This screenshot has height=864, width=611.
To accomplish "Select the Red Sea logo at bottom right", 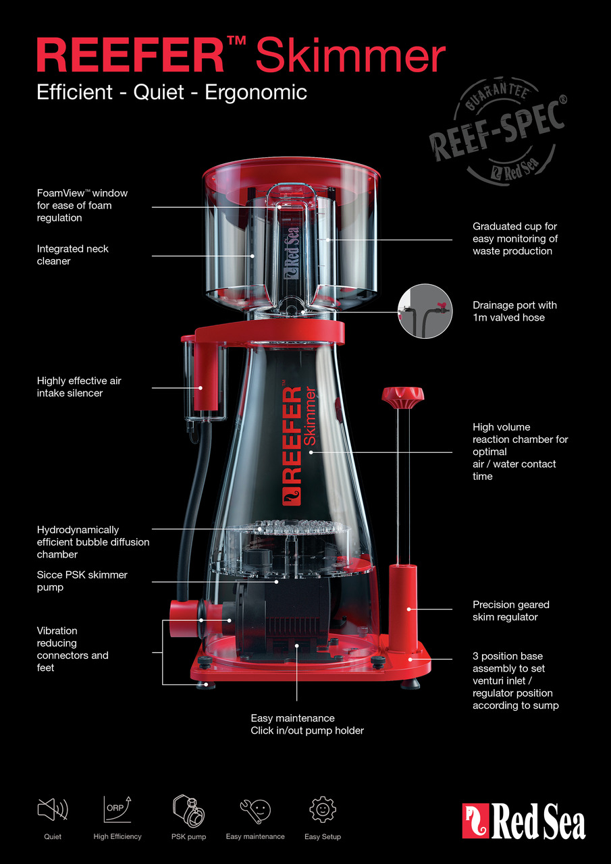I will pyautogui.click(x=524, y=821).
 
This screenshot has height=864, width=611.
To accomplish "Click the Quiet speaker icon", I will pyautogui.click(x=53, y=809).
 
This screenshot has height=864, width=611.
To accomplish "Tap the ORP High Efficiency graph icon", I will pyautogui.click(x=117, y=809).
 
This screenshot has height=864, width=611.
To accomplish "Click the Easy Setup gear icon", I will pyautogui.click(x=322, y=809).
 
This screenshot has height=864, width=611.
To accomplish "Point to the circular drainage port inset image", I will pyautogui.click(x=425, y=311).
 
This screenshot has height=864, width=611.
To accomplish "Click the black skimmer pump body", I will pyautogui.click(x=290, y=614).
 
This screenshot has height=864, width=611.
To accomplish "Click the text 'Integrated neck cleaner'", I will pyautogui.click(x=73, y=255).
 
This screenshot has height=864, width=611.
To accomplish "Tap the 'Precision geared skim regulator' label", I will pyautogui.click(x=511, y=611).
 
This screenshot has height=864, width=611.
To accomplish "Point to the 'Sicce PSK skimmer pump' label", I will pyautogui.click(x=82, y=581).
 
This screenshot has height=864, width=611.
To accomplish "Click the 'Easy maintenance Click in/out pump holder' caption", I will pyautogui.click(x=307, y=724).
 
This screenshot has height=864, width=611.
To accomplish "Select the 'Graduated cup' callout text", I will pyautogui.click(x=514, y=238).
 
